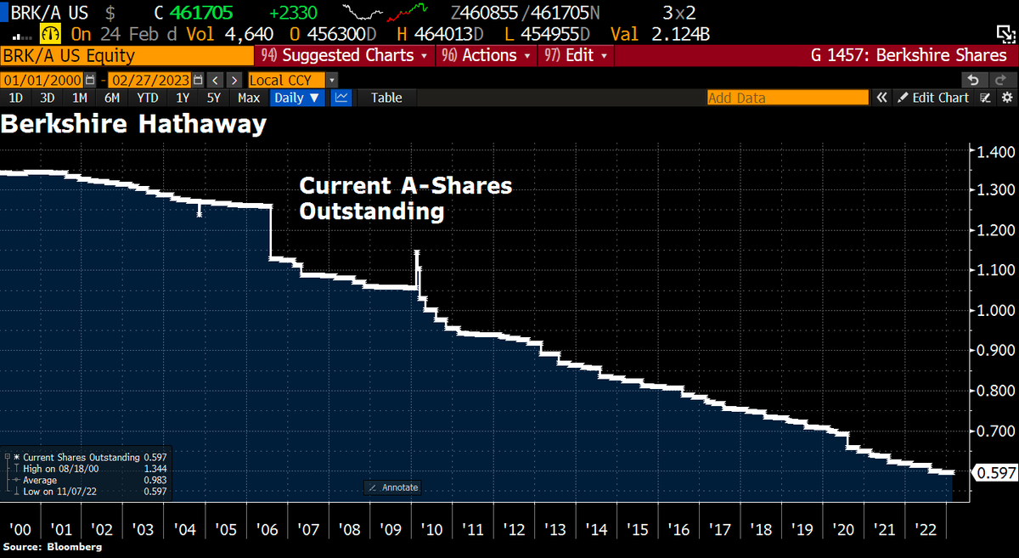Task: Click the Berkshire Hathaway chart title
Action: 133,124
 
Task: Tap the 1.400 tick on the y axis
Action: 996,152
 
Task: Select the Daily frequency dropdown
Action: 296,98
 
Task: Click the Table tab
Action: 386,98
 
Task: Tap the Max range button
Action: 249,98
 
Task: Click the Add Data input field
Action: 787,98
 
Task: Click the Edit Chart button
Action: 933,98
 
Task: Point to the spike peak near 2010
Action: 417,252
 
